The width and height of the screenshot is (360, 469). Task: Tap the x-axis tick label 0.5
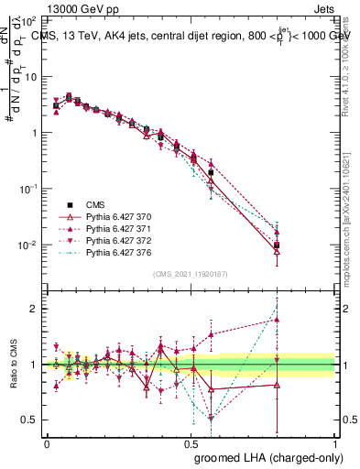tap(191, 442)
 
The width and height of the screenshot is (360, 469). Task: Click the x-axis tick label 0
tap(47, 442)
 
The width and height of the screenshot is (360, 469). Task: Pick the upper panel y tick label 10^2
tap(30, 20)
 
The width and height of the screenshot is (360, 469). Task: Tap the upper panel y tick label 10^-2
tap(30, 245)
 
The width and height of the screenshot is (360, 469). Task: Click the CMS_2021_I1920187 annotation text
tap(191, 274)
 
